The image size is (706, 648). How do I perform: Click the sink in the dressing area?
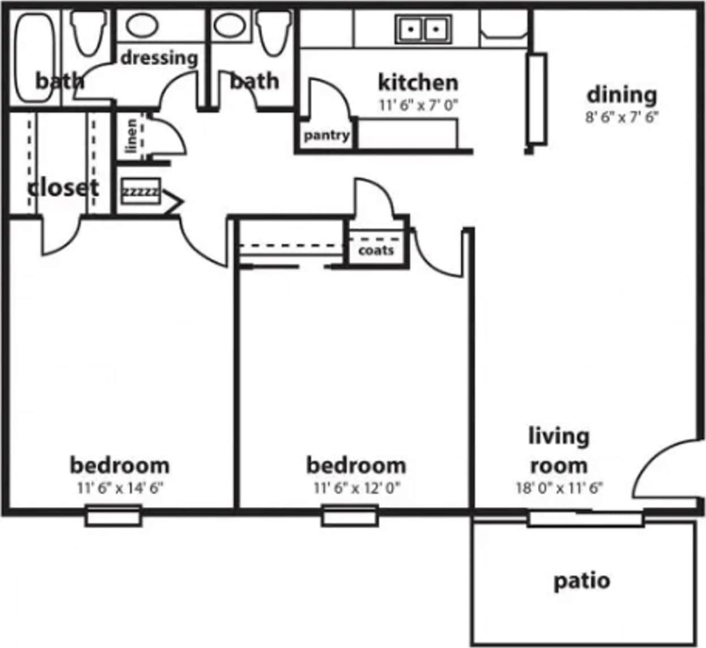click(x=141, y=26)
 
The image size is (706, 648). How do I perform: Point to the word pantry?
click(x=326, y=136)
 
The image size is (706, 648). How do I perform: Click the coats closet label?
click(x=376, y=250)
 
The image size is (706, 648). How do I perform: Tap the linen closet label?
click(x=131, y=136)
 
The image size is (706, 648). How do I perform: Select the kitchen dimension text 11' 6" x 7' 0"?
click(x=418, y=105)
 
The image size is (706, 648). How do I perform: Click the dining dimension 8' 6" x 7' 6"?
click(x=622, y=117)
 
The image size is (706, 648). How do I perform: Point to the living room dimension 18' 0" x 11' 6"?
click(x=559, y=487)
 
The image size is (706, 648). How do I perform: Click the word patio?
click(x=581, y=581)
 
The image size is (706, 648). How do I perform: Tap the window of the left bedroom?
click(x=113, y=516)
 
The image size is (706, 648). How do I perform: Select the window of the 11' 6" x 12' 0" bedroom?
click(x=350, y=516)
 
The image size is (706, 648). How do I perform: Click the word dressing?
click(x=159, y=58)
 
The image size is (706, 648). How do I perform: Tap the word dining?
click(x=622, y=94)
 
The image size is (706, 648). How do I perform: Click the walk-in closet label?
click(x=63, y=187)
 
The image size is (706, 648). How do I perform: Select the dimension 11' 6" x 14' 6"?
click(x=120, y=487)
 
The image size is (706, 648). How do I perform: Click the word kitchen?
click(x=418, y=82)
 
